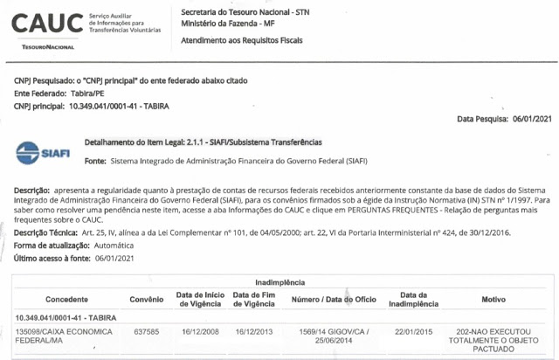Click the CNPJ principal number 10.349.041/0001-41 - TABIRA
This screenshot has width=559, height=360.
(119, 106)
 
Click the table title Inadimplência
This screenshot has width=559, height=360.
(279, 283)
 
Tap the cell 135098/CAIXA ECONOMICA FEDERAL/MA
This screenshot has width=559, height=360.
(51, 337)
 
